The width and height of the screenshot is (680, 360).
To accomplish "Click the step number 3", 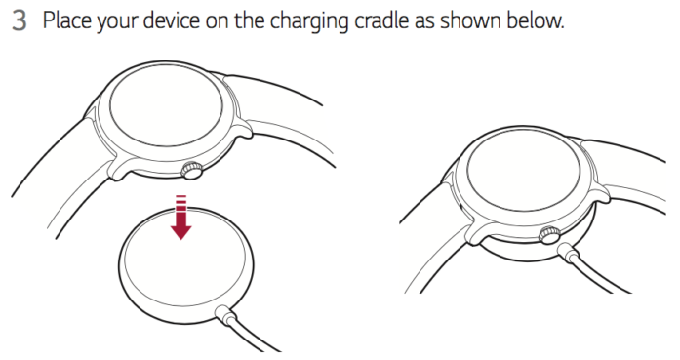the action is pyautogui.click(x=20, y=20).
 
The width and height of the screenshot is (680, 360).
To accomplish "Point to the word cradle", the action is pyautogui.click(x=381, y=20).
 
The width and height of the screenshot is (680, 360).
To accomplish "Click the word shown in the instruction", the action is pyautogui.click(x=470, y=20).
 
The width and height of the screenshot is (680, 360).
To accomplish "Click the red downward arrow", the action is pyautogui.click(x=180, y=218).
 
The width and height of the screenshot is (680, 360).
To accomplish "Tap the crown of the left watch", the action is pyautogui.click(x=191, y=170).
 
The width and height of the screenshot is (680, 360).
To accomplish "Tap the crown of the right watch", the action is pyautogui.click(x=550, y=235).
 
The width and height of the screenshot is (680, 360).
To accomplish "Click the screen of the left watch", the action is pyautogui.click(x=166, y=105).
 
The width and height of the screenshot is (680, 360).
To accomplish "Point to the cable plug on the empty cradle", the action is pyautogui.click(x=226, y=314).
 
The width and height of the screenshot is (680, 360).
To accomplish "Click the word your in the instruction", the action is pyautogui.click(x=117, y=21).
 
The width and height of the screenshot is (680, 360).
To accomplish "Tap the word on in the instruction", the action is pyautogui.click(x=218, y=21).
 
